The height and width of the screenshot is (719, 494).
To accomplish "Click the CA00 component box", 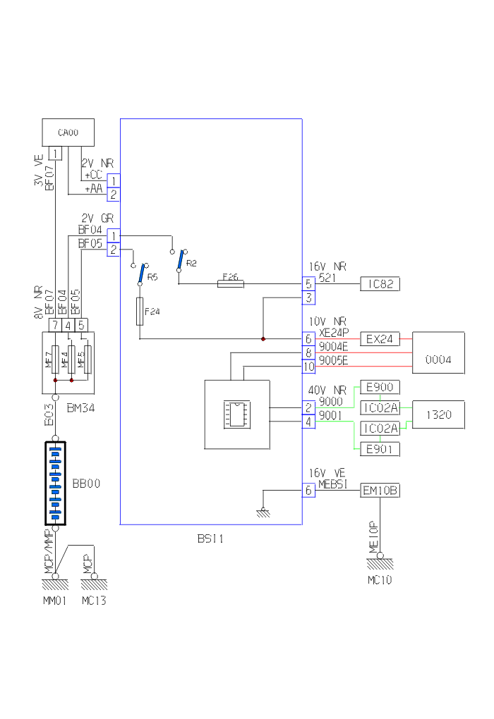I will [68, 133].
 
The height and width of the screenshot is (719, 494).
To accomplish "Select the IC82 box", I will [380, 284].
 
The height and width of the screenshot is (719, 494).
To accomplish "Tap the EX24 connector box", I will [380, 339].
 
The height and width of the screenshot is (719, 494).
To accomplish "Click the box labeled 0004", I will [438, 352].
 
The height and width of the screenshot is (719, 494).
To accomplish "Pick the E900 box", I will [380, 387].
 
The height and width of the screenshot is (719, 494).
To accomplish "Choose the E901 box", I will [380, 448].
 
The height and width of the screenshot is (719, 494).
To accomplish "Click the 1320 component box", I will [438, 414].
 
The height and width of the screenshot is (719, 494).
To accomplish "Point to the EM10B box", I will [380, 490].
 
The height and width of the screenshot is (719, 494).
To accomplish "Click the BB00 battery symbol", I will [55, 484].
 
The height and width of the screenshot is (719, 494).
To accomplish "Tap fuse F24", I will [139, 310].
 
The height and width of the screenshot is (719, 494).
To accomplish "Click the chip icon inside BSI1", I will [236, 414].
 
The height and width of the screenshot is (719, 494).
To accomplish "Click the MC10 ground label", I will [380, 581].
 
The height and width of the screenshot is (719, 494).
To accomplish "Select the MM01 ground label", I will [55, 601].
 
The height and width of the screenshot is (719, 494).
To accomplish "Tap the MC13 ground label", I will [93, 601].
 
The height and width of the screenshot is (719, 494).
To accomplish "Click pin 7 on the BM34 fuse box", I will [54, 325].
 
